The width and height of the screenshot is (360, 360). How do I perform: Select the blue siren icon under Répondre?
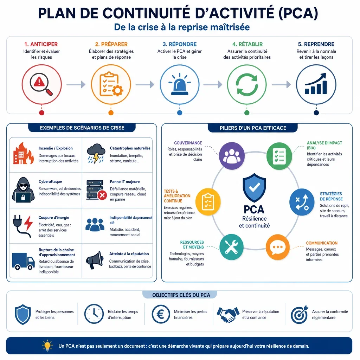[x=180, y=84]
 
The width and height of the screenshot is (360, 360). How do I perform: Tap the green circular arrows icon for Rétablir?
[x=247, y=84]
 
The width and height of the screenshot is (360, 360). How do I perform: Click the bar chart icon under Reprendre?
[x=316, y=84]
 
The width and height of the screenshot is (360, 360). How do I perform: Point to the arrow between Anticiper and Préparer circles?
[x=76, y=84]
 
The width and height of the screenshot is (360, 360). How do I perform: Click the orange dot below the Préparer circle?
[x=111, y=113]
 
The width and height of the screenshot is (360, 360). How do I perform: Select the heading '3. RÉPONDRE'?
[x=180, y=44]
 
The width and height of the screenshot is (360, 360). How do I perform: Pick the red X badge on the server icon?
[x=102, y=195]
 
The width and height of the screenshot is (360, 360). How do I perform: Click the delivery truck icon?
[x=23, y=261]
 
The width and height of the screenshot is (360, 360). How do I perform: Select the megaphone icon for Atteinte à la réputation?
[x=95, y=260]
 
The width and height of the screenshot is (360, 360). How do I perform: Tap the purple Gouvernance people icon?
[x=232, y=156]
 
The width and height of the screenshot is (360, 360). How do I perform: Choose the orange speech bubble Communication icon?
[x=278, y=247]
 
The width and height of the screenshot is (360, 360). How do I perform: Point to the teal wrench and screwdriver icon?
[x=231, y=247]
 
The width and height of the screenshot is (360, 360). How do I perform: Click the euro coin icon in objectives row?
[x=161, y=314]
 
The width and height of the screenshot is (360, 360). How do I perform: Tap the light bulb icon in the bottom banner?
[x=47, y=346]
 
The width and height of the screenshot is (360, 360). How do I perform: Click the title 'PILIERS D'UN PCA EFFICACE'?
[x=253, y=128]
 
